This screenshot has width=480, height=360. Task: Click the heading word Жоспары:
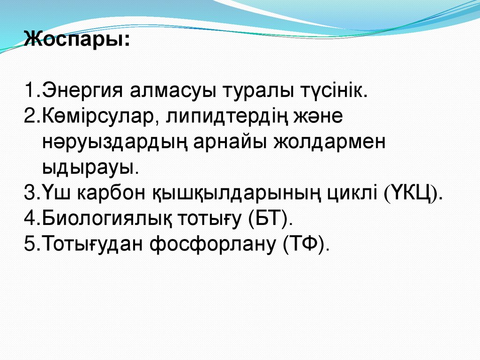pyautogui.click(x=77, y=38)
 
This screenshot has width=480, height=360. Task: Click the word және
pyautogui.click(x=319, y=115)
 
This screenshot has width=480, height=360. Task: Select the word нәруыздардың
pyautogui.click(x=111, y=142)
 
